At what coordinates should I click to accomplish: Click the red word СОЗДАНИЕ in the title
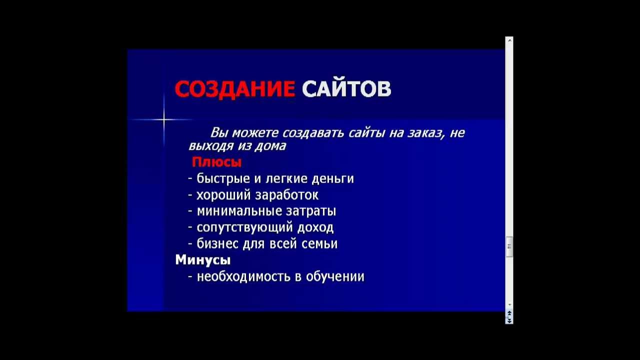tap(234, 89)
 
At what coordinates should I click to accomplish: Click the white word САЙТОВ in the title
tap(346, 89)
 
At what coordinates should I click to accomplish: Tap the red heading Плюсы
tap(216, 162)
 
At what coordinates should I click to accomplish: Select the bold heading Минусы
tap(202, 260)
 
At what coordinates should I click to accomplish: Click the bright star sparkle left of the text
tap(163, 119)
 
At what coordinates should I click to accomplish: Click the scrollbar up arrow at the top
tap(509, 40)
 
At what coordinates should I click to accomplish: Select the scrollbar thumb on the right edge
tap(509, 246)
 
